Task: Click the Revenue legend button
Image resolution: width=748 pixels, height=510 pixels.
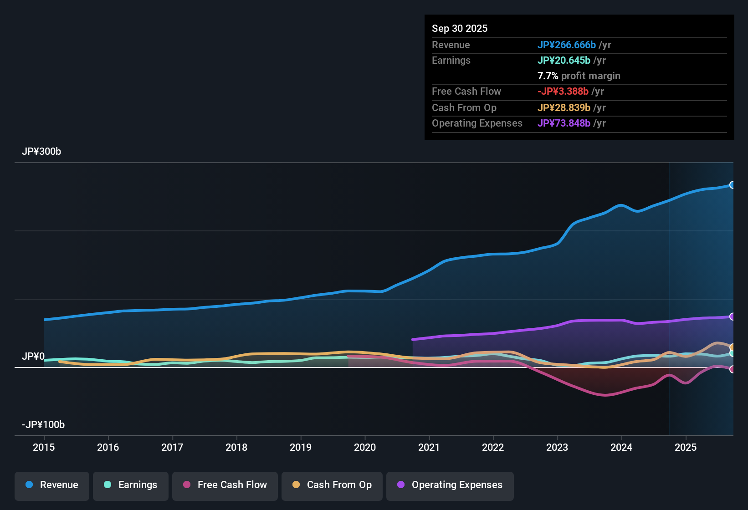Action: (x=52, y=485)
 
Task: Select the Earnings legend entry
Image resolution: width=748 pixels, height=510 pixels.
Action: (x=131, y=485)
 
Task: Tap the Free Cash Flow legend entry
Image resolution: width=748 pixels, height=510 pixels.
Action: (x=225, y=485)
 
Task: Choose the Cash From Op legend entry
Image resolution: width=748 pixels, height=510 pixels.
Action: (x=332, y=485)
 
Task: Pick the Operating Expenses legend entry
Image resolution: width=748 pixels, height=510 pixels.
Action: (x=450, y=485)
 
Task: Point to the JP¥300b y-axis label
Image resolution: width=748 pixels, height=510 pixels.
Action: (x=41, y=152)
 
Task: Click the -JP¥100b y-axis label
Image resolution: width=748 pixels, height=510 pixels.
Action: (x=43, y=425)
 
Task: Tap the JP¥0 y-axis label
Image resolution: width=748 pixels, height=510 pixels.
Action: (x=33, y=357)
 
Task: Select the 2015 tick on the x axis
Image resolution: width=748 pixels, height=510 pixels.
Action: (x=44, y=448)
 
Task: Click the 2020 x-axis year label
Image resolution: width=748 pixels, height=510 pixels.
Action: (x=365, y=448)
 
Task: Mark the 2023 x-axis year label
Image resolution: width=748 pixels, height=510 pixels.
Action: (x=557, y=448)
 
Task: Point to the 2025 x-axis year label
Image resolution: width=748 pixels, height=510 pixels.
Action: (x=686, y=448)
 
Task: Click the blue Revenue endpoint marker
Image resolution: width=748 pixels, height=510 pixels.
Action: (x=733, y=185)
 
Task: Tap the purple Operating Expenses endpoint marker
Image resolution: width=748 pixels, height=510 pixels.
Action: (x=733, y=316)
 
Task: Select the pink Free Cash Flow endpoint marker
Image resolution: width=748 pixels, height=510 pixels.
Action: (x=733, y=369)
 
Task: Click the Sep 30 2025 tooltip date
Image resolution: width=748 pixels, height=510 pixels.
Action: (x=460, y=29)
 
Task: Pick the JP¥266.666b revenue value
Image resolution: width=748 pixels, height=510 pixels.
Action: (x=567, y=45)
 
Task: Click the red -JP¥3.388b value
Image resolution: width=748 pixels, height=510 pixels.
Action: (x=563, y=92)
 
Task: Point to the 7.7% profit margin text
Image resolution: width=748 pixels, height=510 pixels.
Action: (x=579, y=76)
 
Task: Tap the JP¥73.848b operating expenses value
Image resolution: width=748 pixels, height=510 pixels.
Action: (x=564, y=123)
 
